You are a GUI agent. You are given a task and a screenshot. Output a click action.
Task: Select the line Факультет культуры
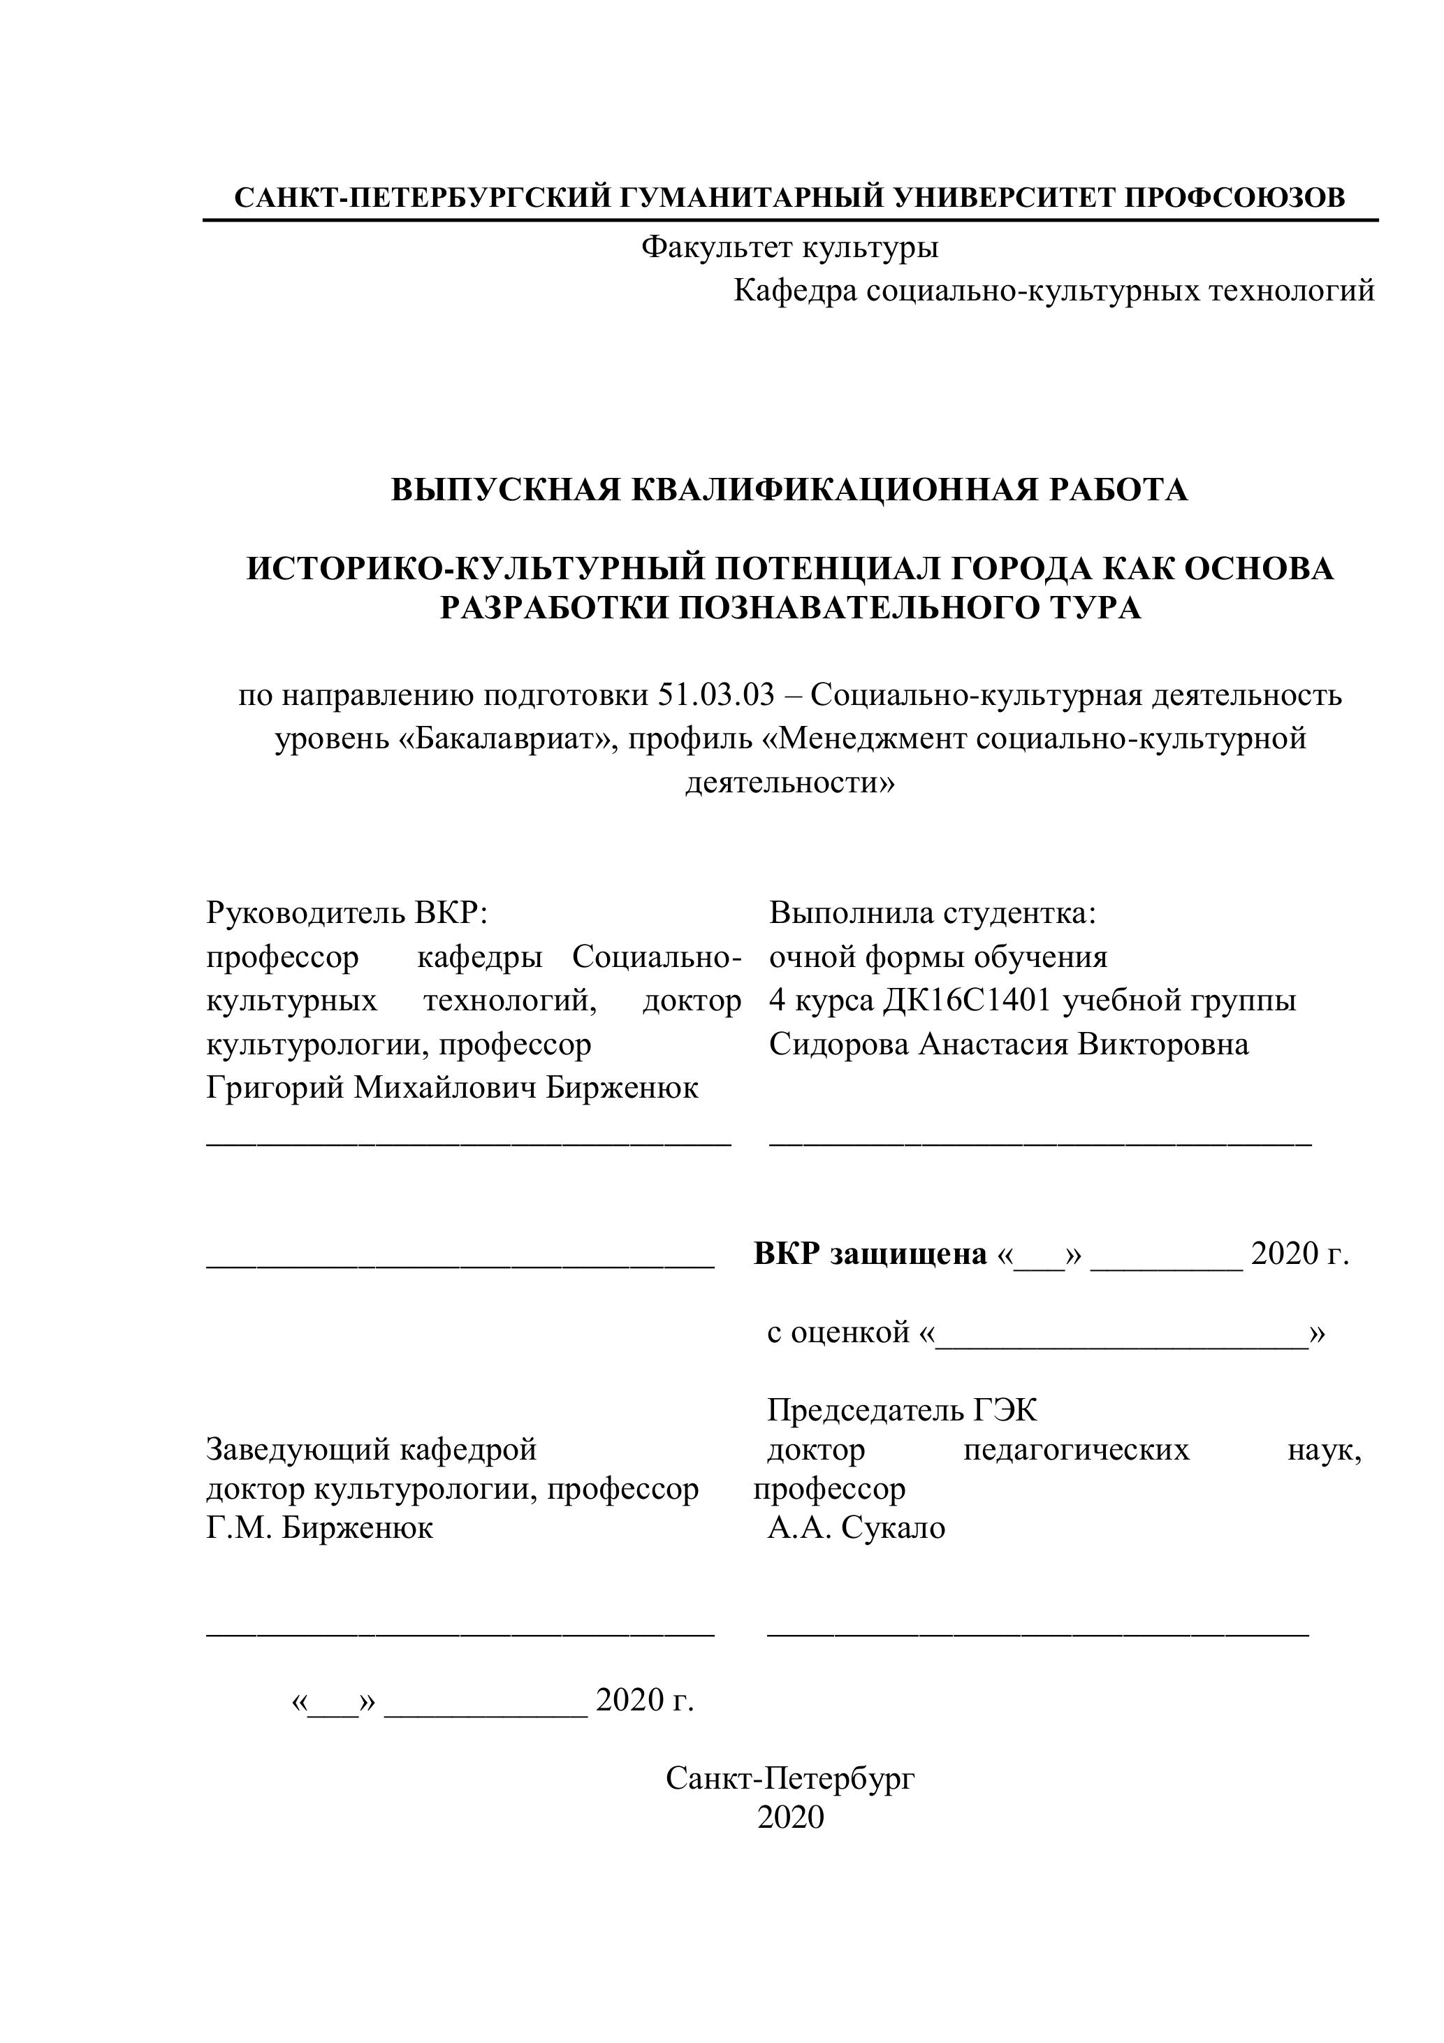[x=789, y=247]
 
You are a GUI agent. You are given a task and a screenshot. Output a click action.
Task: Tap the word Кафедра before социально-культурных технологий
[x=794, y=290]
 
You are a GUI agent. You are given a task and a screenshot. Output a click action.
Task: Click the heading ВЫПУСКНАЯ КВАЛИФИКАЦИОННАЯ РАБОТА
[x=789, y=488]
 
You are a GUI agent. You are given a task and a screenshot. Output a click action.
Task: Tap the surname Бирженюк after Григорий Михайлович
[x=622, y=1087]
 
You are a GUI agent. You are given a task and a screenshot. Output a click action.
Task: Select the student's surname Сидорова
[x=839, y=1044]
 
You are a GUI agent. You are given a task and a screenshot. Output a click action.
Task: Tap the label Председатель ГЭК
[x=901, y=1411]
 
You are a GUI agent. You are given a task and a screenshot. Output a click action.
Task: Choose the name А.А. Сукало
[x=856, y=1528]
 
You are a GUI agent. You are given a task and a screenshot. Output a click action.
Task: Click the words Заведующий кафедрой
[x=371, y=1450]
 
